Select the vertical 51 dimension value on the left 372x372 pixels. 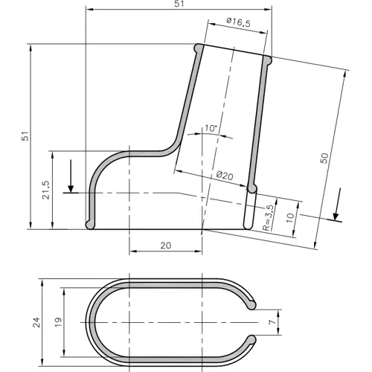[25, 138]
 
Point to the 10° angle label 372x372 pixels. [210, 129]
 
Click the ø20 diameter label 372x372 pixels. [225, 176]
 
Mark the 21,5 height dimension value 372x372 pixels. [46, 191]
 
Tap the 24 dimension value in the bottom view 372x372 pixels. [35, 323]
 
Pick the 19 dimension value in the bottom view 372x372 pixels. [58, 323]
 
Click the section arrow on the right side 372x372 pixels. [336, 205]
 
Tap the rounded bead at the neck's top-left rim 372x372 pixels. [199, 48]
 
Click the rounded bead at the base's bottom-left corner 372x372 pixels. [90, 224]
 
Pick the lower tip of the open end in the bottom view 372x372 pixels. [253, 341]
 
